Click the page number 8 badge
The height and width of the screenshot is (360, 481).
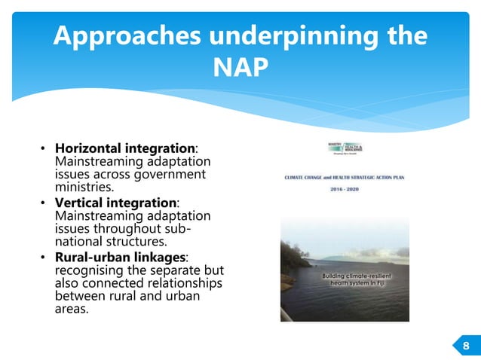tap(465, 345)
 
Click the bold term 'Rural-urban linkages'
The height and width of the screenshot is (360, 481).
tap(121, 257)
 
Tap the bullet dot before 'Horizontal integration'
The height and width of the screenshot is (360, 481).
tap(45, 151)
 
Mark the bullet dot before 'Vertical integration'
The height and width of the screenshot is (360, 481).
tap(45, 204)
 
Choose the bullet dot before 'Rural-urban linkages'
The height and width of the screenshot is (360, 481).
tap(45, 258)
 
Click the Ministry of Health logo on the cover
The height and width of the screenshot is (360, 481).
tap(342, 149)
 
